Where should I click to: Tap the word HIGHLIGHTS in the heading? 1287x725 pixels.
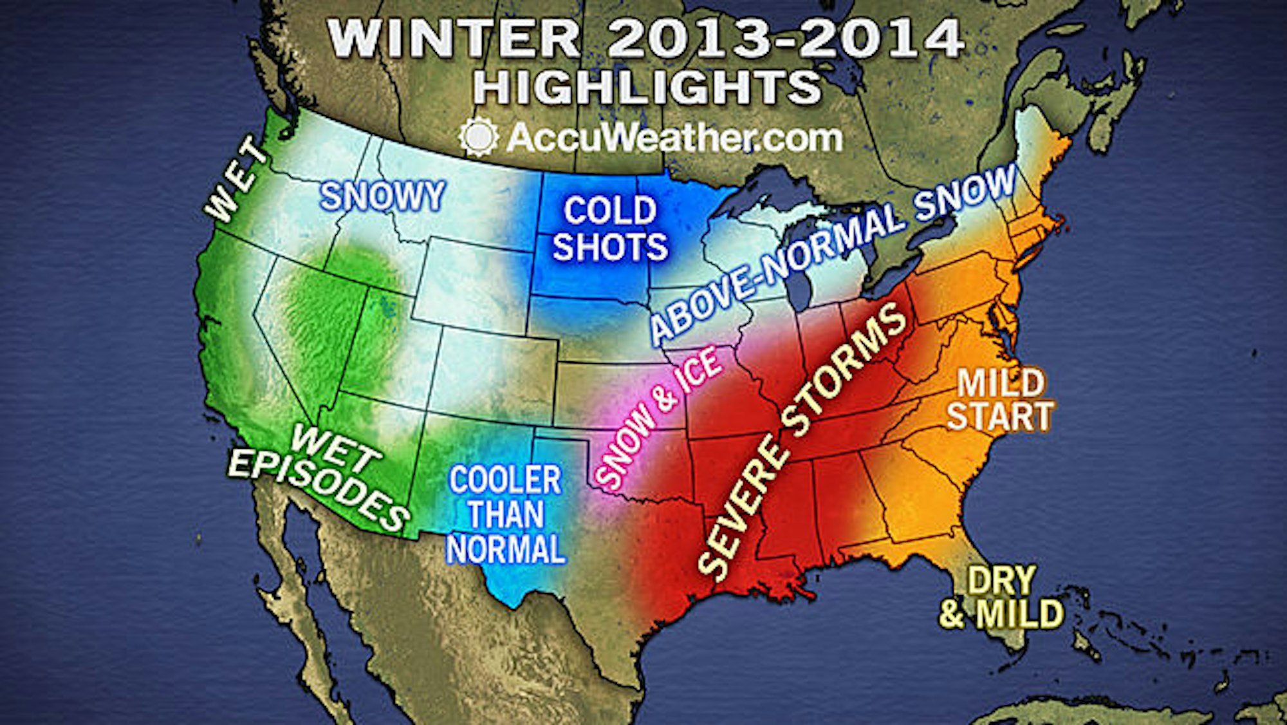[x=647, y=88]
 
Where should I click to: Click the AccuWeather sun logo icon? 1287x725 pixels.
[x=478, y=137]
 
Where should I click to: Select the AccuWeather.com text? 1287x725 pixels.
[x=673, y=138]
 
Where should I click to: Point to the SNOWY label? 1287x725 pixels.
[x=382, y=196]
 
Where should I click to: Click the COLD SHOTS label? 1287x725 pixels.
[x=610, y=229]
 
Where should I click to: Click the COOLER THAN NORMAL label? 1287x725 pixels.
[x=506, y=515]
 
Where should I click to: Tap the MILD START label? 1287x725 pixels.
[x=999, y=400]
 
